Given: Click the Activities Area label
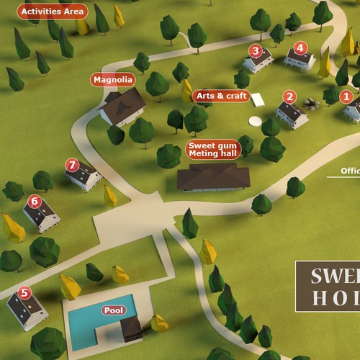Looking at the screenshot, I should (53, 12).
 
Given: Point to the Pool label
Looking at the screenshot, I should (114, 310).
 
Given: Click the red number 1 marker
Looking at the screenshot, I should (346, 96).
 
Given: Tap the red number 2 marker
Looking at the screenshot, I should (289, 96).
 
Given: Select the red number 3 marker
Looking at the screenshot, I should (255, 50).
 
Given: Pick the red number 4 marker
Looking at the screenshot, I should (301, 48).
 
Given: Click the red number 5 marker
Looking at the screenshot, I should (25, 292).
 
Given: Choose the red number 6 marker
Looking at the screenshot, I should (34, 201).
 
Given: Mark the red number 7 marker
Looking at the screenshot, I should (71, 165).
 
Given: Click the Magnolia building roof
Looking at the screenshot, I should (123, 104).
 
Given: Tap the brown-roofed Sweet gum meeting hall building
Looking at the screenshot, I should (213, 176).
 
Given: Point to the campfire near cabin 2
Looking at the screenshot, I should (311, 104).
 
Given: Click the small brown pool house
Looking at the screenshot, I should (131, 329).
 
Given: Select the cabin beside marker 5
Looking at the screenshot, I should (27, 310).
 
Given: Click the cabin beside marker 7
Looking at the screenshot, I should (85, 176).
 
